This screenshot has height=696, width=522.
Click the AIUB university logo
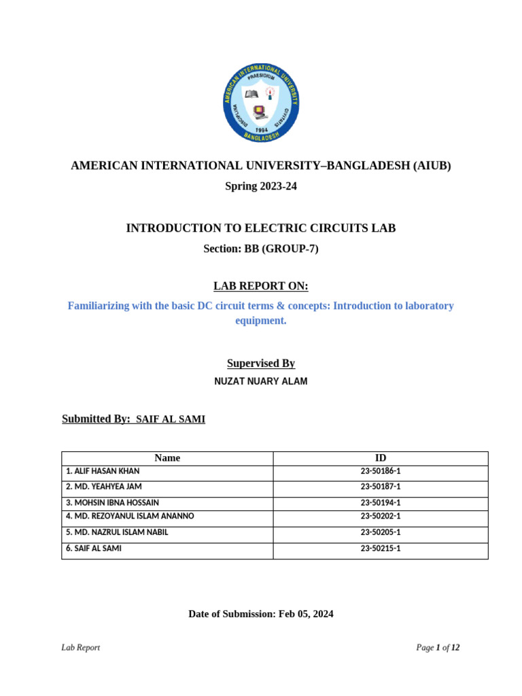coord(261,103)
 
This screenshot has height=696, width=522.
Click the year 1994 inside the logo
coord(261,128)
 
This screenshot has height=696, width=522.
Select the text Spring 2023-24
coord(261,186)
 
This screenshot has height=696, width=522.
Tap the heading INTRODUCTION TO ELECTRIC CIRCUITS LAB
coord(261,228)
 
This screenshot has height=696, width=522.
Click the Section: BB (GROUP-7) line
coord(261,249)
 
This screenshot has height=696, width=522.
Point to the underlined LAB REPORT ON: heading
coord(261,286)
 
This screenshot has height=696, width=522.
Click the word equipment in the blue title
coord(261,321)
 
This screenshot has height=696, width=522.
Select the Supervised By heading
coord(261,364)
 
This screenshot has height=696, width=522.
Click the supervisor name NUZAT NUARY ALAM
coord(261,381)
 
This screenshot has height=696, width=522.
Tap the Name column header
coord(167,458)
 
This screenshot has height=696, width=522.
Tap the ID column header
coord(381,458)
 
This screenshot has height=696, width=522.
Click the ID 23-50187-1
coord(381,487)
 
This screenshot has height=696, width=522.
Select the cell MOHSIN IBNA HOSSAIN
coord(113,503)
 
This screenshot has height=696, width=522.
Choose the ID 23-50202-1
coord(381,517)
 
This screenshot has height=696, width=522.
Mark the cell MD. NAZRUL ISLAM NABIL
coord(117,533)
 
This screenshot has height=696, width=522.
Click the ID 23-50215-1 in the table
coord(381,549)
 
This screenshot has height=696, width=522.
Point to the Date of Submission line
coord(261,614)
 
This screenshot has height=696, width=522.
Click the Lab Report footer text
coord(81,648)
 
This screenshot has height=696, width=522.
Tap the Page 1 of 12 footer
coord(438,648)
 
